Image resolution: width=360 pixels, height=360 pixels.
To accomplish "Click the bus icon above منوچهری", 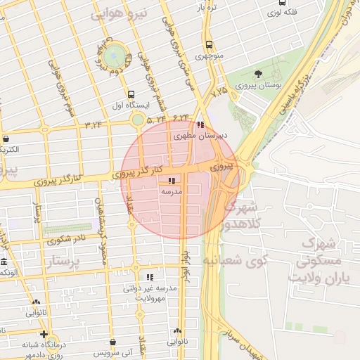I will tap(209, 44).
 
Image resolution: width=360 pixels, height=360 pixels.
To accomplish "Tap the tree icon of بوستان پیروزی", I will tap(258, 73).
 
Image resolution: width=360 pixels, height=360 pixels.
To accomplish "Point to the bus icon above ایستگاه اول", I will tap(131, 94).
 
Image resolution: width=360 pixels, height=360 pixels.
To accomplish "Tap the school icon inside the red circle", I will tap(172, 181).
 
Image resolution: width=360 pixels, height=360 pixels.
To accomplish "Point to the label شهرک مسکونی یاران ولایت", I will tap(330, 260).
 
